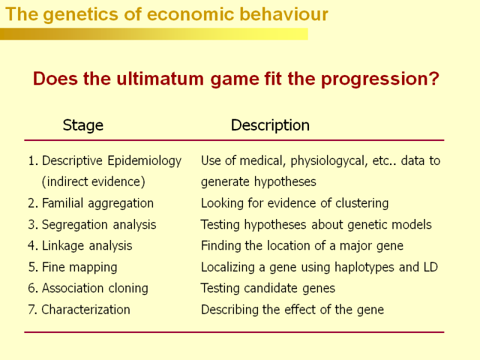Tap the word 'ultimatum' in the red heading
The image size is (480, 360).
pos(160,79)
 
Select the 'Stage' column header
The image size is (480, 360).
pos(83,125)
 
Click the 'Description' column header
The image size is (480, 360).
pos(271,125)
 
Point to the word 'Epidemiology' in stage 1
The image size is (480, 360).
pos(145,161)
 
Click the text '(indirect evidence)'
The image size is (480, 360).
pos(94,182)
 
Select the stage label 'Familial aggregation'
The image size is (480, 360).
pos(98,203)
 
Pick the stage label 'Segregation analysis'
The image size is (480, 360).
pos(99,225)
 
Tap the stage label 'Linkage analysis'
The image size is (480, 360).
pos(87,246)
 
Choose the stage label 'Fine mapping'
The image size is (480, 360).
pos(80,268)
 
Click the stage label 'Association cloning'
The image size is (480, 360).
pos(95,289)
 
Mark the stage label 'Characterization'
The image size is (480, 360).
pos(86,310)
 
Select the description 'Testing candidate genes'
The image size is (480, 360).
pos(268,289)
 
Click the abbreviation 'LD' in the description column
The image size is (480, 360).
pos(431,267)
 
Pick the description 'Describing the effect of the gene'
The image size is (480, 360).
pos(292,310)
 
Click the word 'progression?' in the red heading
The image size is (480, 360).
pos(380,79)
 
